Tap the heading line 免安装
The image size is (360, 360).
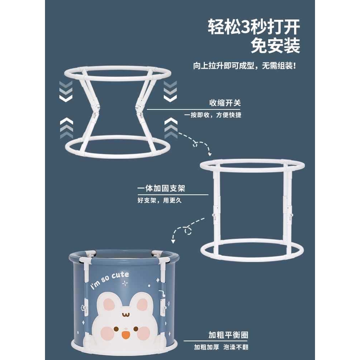click(x=275, y=46)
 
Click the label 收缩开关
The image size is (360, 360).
click(x=225, y=103)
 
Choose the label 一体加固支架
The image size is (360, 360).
click(x=161, y=188)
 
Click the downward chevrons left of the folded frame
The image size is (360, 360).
click(x=66, y=91)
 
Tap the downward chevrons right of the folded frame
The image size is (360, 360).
click(x=170, y=91)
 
